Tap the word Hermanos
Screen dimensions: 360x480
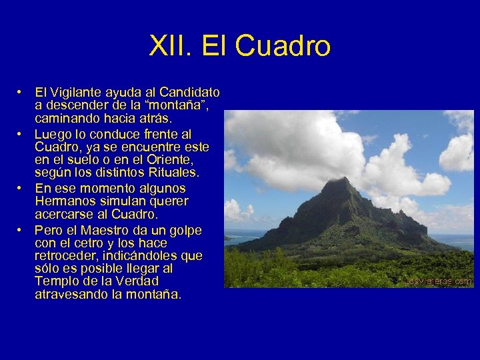tap(63, 201)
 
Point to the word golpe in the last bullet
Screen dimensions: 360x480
tap(185, 230)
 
